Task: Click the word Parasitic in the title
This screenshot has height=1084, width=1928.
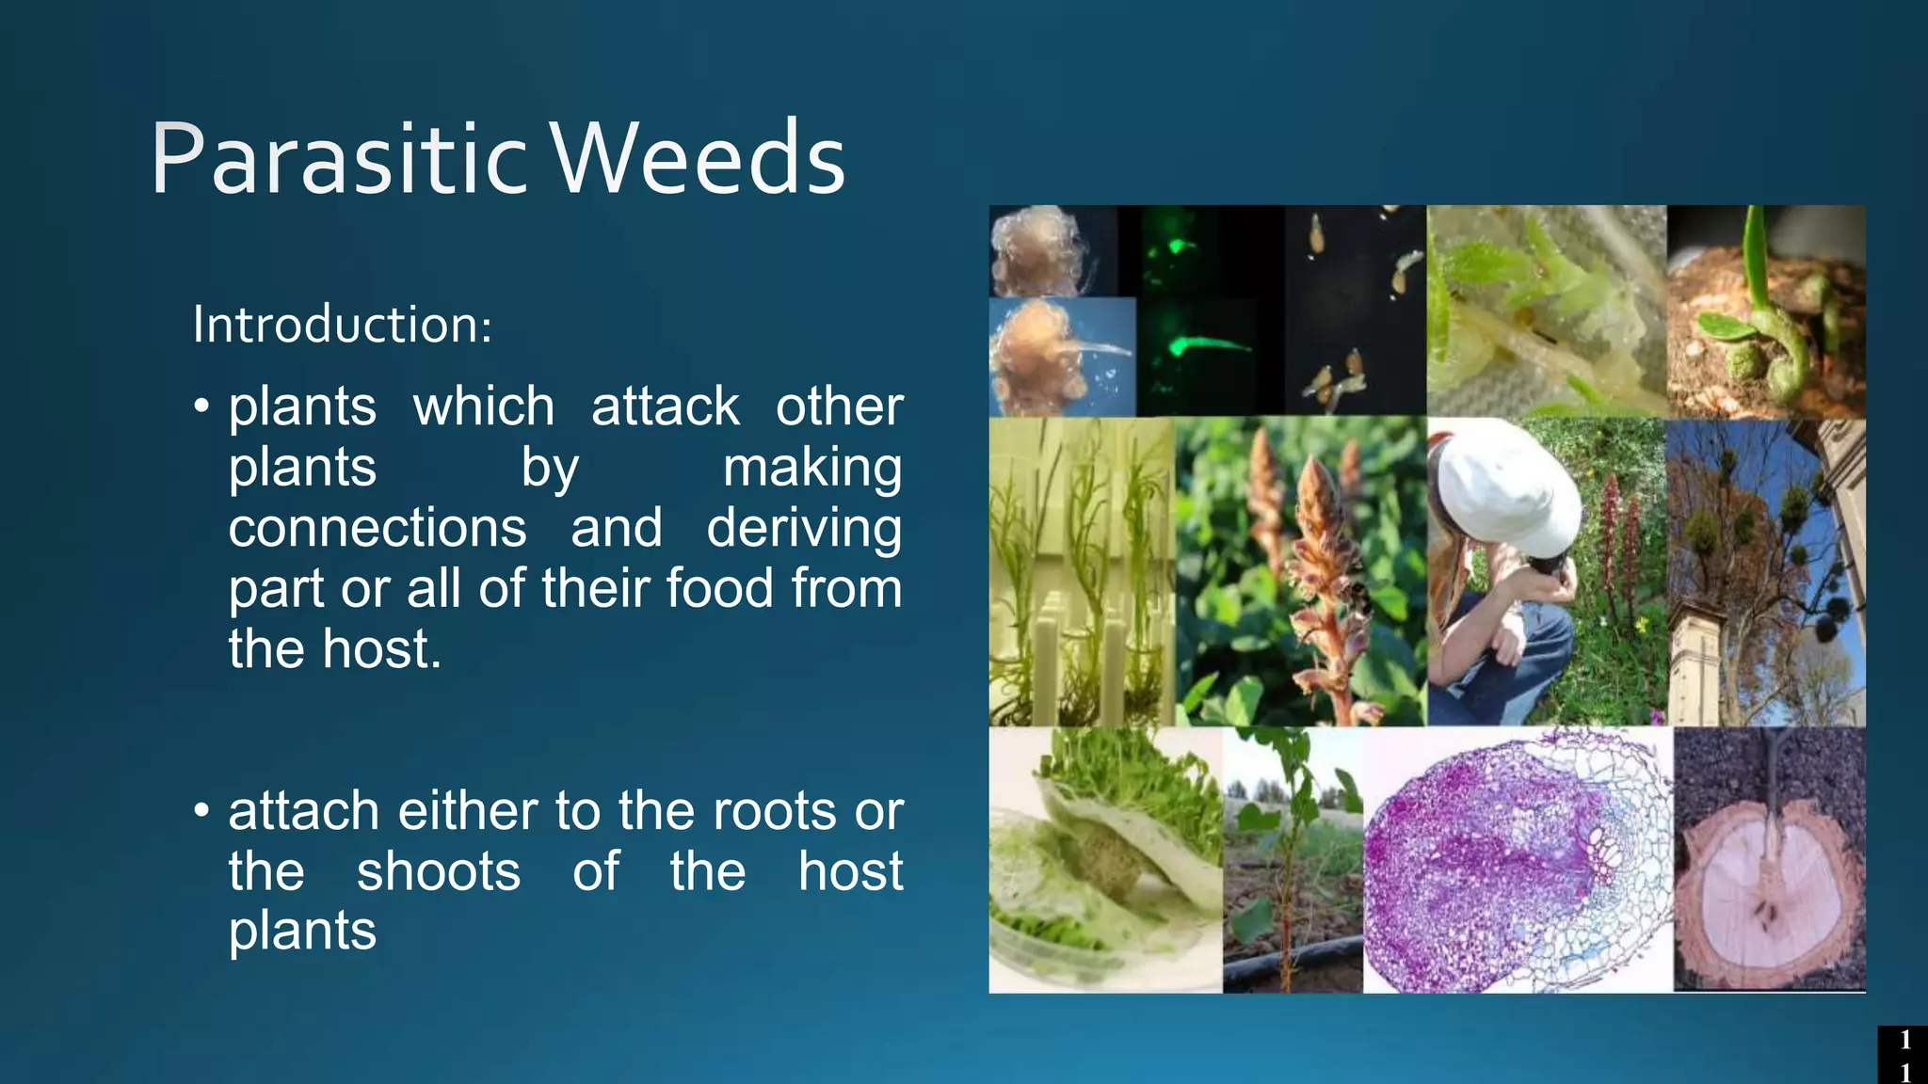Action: pyautogui.click(x=339, y=160)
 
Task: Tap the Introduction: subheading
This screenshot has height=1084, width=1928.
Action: pyautogui.click(x=342, y=326)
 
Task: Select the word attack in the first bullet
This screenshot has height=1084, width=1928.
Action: pyautogui.click(x=665, y=407)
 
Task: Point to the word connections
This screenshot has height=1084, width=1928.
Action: pyautogui.click(x=377, y=528)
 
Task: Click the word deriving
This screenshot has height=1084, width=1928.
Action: pyautogui.click(x=804, y=528)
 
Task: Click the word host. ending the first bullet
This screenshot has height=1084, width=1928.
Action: pyautogui.click(x=381, y=649)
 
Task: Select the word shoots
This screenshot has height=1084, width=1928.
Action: pyautogui.click(x=438, y=871)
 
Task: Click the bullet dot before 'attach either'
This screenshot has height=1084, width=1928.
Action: pyautogui.click(x=201, y=810)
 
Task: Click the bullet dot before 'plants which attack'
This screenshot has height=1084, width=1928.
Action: pyautogui.click(x=201, y=406)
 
